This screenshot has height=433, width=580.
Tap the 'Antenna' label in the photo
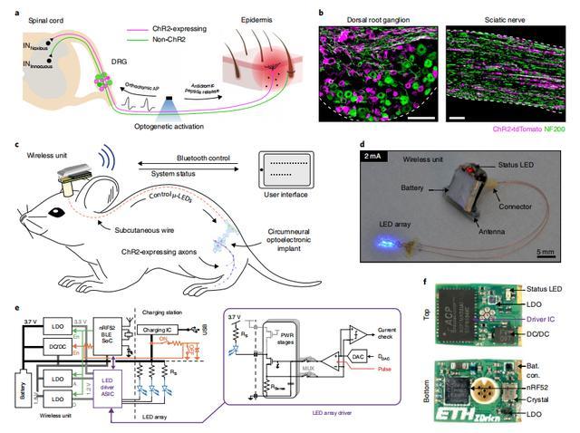488,231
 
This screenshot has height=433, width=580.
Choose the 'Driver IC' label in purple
540,318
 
